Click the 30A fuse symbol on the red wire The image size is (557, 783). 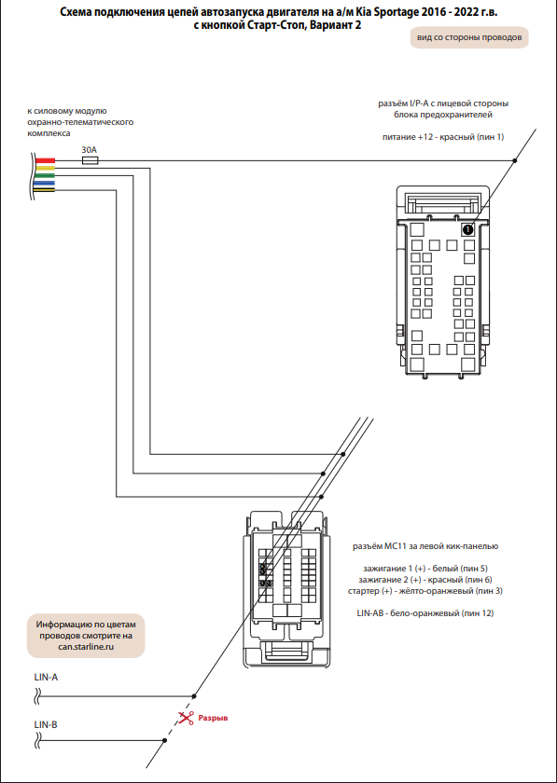90,160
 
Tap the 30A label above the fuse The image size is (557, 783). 89,149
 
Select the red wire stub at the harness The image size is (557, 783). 45,160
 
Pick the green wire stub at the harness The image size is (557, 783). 45,175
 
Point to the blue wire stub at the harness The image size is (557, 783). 45,183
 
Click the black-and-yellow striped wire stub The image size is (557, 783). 45,190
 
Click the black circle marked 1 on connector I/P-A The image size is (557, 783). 467,229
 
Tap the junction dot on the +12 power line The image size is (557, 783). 515,160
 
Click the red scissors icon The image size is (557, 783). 187,718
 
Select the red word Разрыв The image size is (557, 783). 213,718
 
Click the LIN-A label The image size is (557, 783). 46,678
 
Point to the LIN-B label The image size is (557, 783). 46,724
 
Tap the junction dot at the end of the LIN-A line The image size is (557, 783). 194,695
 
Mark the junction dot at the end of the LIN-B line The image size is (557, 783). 164,740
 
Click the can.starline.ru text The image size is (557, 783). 86,646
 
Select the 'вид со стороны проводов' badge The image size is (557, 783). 469,37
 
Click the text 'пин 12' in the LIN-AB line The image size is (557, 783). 477,612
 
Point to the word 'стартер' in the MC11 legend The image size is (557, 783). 361,591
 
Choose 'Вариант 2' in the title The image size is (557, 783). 335,25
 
